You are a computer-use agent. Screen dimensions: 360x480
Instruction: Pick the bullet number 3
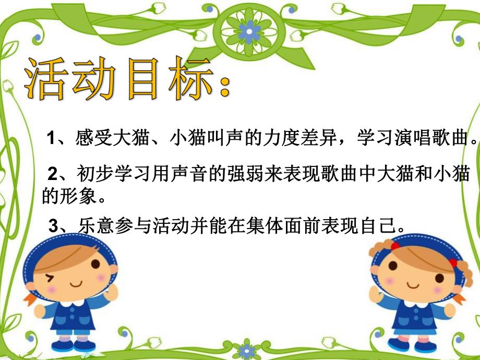click(x=52, y=226)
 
